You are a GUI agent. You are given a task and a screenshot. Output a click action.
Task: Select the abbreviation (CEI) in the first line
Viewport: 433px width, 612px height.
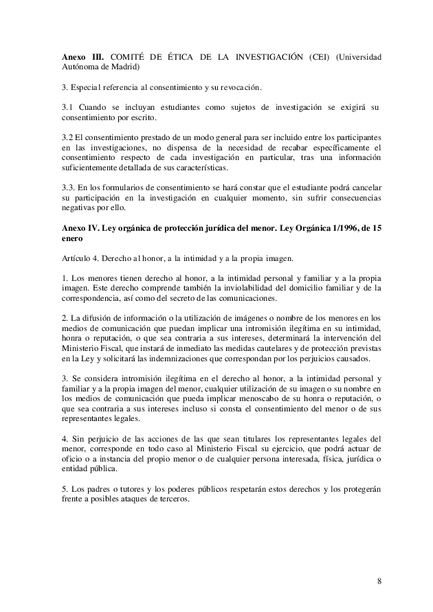(x=320, y=56)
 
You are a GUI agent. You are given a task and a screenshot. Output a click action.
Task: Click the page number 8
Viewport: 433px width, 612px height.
(x=379, y=581)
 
